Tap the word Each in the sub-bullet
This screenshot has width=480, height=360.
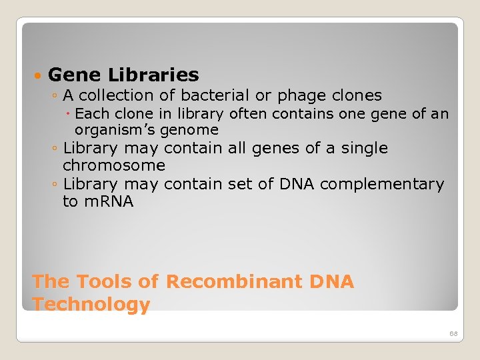coord(92,114)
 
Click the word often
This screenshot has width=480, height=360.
coord(248,114)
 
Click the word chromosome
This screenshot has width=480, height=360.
coord(114,165)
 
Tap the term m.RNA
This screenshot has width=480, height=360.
coord(107,201)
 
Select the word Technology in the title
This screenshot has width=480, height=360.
coord(91,305)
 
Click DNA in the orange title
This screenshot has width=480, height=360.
coord(331,282)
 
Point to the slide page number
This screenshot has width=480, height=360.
coord(453,333)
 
